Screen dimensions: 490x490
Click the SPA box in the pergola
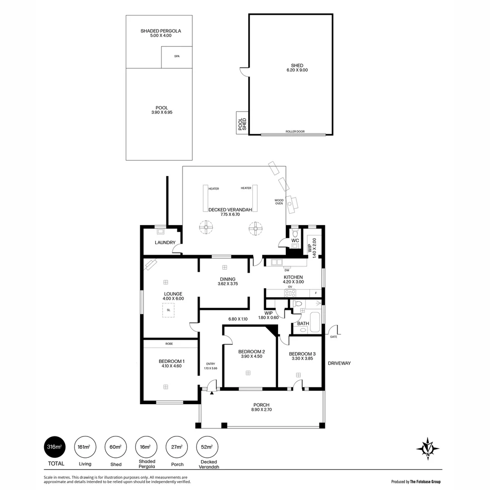tap(177, 57)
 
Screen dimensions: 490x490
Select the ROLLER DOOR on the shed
tap(294, 133)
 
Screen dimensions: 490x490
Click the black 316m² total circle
tap(54, 447)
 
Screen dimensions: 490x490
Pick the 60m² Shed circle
tap(115, 447)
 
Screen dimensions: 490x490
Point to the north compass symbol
tap(427, 449)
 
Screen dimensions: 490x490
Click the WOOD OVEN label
tap(279, 201)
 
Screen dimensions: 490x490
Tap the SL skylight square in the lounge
tap(168, 310)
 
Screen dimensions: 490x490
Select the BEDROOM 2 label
tap(251, 352)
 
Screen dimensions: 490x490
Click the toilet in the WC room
tap(295, 234)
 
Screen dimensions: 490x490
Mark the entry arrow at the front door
tap(211, 393)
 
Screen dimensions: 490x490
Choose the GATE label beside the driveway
tap(333, 337)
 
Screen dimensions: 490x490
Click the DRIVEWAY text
tap(339, 363)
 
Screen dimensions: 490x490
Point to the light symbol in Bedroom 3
tap(299, 375)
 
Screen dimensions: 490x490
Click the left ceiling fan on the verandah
tap(206, 227)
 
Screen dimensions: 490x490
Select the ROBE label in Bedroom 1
tap(169, 344)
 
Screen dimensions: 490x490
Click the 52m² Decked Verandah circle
tap(206, 447)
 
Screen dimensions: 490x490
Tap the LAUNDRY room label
tap(165, 243)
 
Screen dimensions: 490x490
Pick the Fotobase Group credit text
tap(416, 482)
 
